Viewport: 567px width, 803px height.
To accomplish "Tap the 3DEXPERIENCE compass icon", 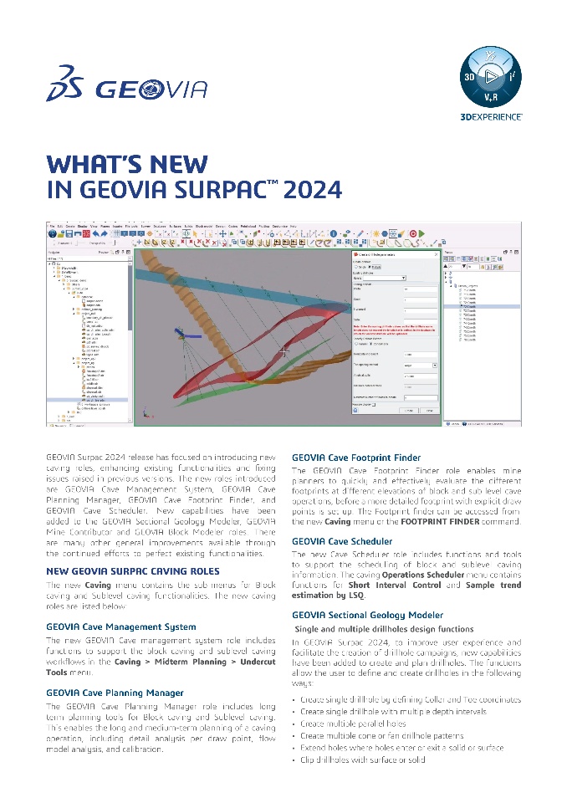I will coord(492,78).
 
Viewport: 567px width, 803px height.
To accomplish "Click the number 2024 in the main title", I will coord(313,190).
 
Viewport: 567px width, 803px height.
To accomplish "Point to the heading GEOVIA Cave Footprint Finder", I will coord(355,458).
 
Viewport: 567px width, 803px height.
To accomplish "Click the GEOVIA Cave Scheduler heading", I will coord(341,541).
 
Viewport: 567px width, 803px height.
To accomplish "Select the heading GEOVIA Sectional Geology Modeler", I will coord(367,615).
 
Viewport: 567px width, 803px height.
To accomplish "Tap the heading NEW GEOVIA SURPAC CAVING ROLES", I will coord(133,571).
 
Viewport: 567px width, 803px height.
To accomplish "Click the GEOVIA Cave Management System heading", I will coord(121,626).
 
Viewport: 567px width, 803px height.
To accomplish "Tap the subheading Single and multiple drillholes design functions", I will coord(384,628).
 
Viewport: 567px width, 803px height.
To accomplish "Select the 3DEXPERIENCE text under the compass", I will coord(492,115).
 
